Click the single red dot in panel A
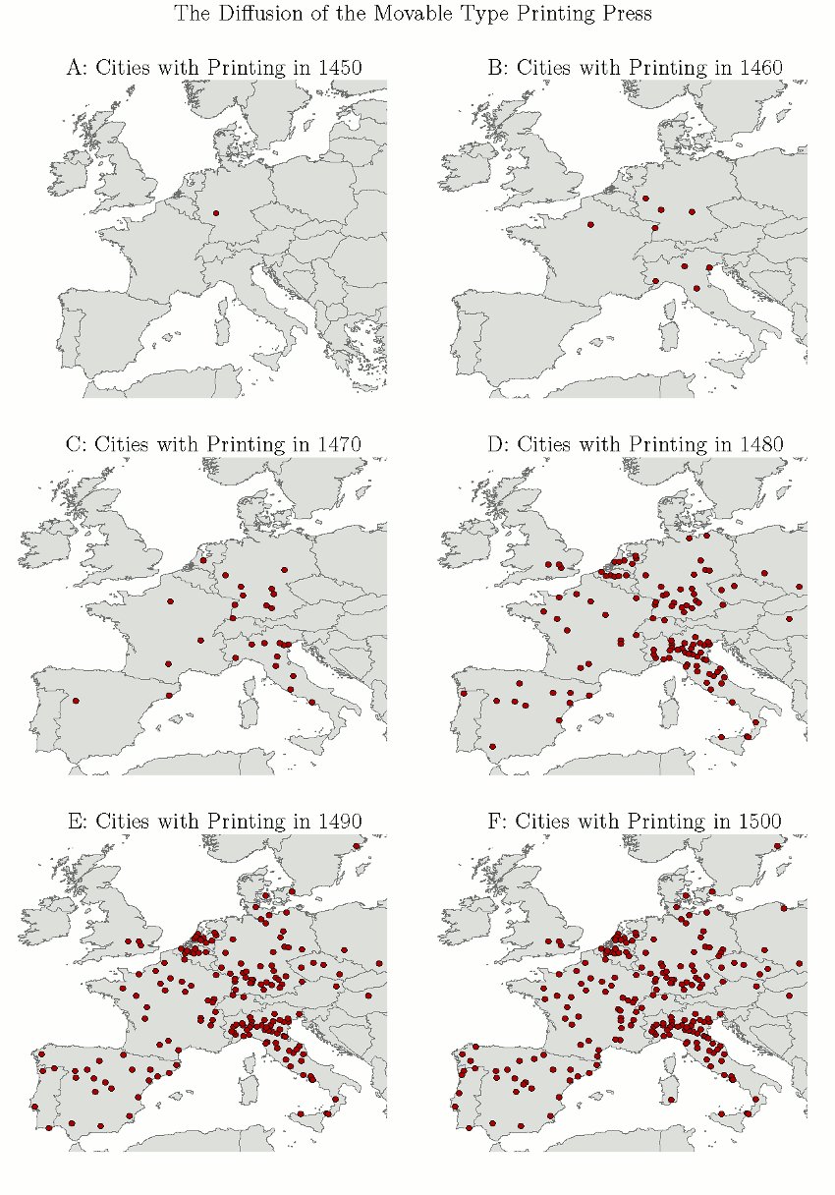click(x=216, y=213)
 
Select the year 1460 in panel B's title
click(x=760, y=68)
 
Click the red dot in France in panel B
click(x=590, y=224)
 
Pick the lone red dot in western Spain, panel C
click(x=76, y=701)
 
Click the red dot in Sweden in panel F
click(x=777, y=845)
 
